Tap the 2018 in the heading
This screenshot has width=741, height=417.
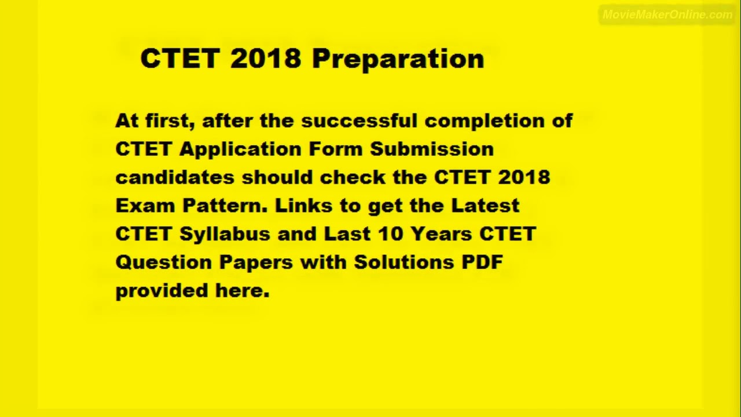pyautogui.click(x=266, y=58)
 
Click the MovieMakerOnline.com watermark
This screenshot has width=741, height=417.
pyautogui.click(x=667, y=15)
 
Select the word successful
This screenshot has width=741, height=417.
pyautogui.click(x=359, y=120)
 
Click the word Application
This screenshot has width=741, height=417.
pyautogui.click(x=240, y=149)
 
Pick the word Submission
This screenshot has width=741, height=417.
pyautogui.click(x=432, y=149)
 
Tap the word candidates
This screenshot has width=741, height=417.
pyautogui.click(x=175, y=177)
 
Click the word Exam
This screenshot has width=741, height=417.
pyautogui.click(x=146, y=206)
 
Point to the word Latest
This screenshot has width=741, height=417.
pyautogui.click(x=485, y=206)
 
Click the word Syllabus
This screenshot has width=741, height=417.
pyautogui.click(x=225, y=235)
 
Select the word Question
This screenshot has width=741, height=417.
pyautogui.click(x=164, y=262)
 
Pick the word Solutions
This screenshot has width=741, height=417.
pyautogui.click(x=403, y=262)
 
